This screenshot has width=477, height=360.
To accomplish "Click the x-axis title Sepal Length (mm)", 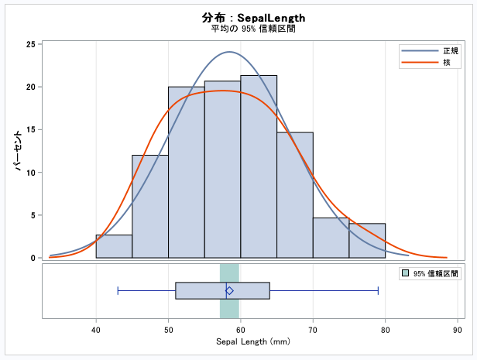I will (x=252, y=341).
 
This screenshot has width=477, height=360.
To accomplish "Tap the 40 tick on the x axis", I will (x=96, y=329).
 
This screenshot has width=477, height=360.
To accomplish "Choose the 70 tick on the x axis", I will (x=313, y=329).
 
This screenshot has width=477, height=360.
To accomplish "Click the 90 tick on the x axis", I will (x=458, y=329).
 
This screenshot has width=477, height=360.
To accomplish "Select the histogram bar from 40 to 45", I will (x=114, y=246).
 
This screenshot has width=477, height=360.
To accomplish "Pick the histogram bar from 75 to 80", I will (x=367, y=241).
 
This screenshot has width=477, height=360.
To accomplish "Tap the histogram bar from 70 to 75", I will (x=331, y=238).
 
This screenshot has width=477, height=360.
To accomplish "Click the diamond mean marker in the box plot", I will (x=229, y=290).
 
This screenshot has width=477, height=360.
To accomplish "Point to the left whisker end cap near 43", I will (x=118, y=290).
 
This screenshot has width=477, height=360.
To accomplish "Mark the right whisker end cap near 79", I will (x=378, y=290).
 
